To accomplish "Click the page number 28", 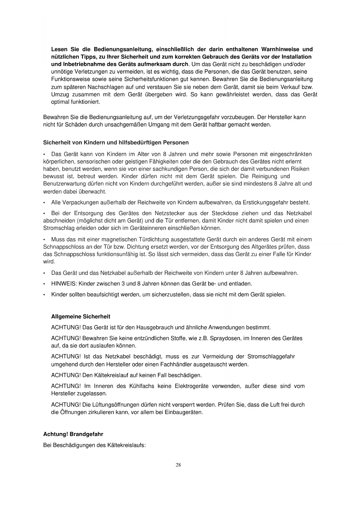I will pyautogui.click(x=178, y=465).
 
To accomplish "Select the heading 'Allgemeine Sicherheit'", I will pyautogui.click(x=81, y=316).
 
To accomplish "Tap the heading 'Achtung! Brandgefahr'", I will pyautogui.click(x=73, y=434).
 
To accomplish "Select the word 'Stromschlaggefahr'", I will pyautogui.click(x=271, y=356).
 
